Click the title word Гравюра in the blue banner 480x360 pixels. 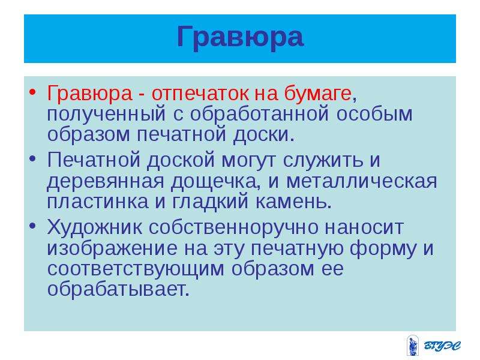tap(241, 37)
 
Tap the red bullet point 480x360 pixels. tap(33, 92)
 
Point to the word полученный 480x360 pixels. tap(106, 114)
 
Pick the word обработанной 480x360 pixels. tap(260, 113)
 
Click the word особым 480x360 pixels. tap(374, 113)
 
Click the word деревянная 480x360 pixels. tap(106, 181)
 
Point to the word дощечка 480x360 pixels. tap(214, 181)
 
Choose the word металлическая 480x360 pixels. tap(362, 181)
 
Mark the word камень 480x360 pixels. tap(291, 202)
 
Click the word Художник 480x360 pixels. tap(94, 227)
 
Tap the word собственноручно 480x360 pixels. tap(233, 227)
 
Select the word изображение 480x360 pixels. tap(112, 248)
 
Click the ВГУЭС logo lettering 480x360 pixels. tap(442, 346)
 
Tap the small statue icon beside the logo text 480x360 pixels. tap(413, 346)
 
